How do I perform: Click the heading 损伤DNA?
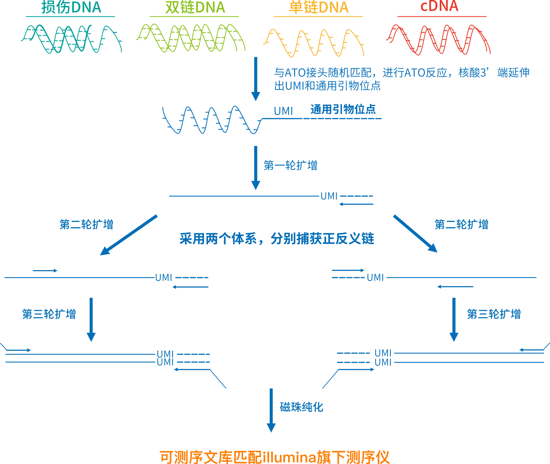(71, 8)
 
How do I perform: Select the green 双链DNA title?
(195, 8)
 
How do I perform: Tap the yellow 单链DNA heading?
(319, 8)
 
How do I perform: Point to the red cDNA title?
(439, 6)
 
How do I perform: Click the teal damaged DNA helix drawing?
(71, 39)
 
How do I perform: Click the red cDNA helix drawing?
(438, 40)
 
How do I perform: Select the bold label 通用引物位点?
(343, 110)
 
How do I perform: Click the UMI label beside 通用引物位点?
(283, 111)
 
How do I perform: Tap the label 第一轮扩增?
(290, 166)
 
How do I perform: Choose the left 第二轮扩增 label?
(86, 225)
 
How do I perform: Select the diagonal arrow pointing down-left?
(129, 235)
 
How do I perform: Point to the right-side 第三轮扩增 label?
(494, 314)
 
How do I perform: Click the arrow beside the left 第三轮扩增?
(91, 319)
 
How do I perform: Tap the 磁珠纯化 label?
(301, 407)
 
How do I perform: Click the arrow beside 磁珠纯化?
(271, 410)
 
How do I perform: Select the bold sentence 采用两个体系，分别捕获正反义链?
(277, 238)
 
